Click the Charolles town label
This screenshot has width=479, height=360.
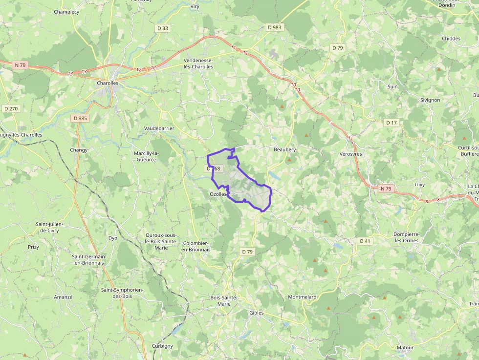click(x=108, y=83)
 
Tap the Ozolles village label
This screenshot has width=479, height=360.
click(x=218, y=194)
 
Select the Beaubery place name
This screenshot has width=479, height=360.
click(x=284, y=149)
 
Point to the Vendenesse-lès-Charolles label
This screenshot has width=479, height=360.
click(x=198, y=64)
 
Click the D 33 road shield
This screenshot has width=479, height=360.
click(x=163, y=28)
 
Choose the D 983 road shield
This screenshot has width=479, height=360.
click(x=275, y=27)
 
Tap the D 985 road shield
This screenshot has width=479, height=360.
click(x=80, y=118)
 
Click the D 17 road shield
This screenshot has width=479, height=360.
click(x=392, y=123)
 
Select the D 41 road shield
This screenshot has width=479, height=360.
click(x=365, y=241)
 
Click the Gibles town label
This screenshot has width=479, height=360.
click(x=256, y=313)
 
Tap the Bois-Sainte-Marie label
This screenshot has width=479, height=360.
click(x=223, y=300)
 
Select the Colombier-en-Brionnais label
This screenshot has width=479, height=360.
click(x=196, y=246)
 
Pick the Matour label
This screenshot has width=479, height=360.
click(x=405, y=348)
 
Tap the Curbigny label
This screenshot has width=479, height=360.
click(x=162, y=346)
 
